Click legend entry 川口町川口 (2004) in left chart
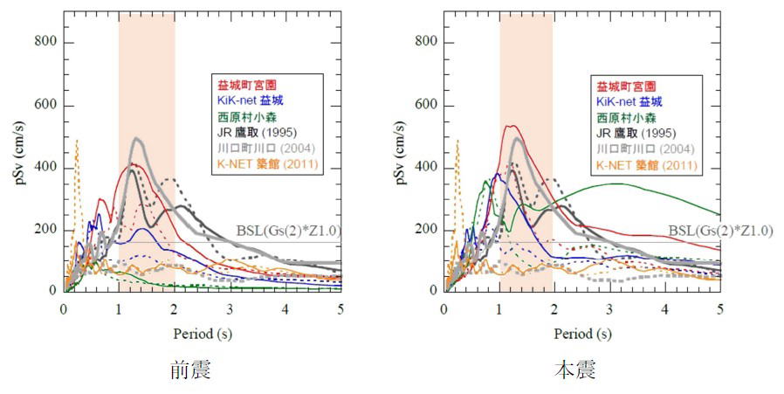click(263, 149)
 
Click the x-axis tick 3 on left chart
click(230, 308)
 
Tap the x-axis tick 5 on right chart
click(721, 308)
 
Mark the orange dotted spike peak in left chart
click(77, 140)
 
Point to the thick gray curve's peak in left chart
click(137, 138)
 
